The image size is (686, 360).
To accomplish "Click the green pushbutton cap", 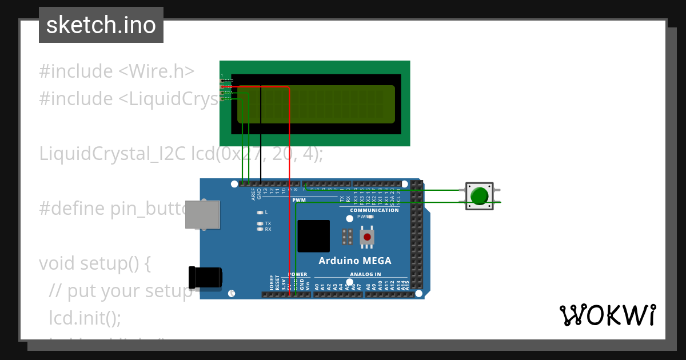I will tap(479, 195).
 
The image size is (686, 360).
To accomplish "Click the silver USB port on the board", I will tap(202, 215).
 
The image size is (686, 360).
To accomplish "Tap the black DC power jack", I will tap(205, 277).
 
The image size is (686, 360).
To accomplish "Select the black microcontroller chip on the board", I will tap(313, 236).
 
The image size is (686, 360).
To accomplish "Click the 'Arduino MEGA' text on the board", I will tap(354, 261).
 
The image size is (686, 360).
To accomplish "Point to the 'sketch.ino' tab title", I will tap(101, 25).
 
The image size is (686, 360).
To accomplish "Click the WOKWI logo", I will tap(607, 315).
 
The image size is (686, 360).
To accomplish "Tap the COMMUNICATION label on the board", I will tap(374, 210).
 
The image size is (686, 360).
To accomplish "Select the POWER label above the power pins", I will tap(297, 274).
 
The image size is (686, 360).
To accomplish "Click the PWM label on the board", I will tap(298, 200).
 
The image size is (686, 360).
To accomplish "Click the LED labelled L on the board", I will tap(260, 212).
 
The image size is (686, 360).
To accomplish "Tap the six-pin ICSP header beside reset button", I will tap(346, 236).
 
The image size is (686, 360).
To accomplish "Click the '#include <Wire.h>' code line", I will tap(117, 71).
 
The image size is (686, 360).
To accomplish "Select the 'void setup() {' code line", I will tap(94, 263).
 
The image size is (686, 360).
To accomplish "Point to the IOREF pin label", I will tap(272, 282).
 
